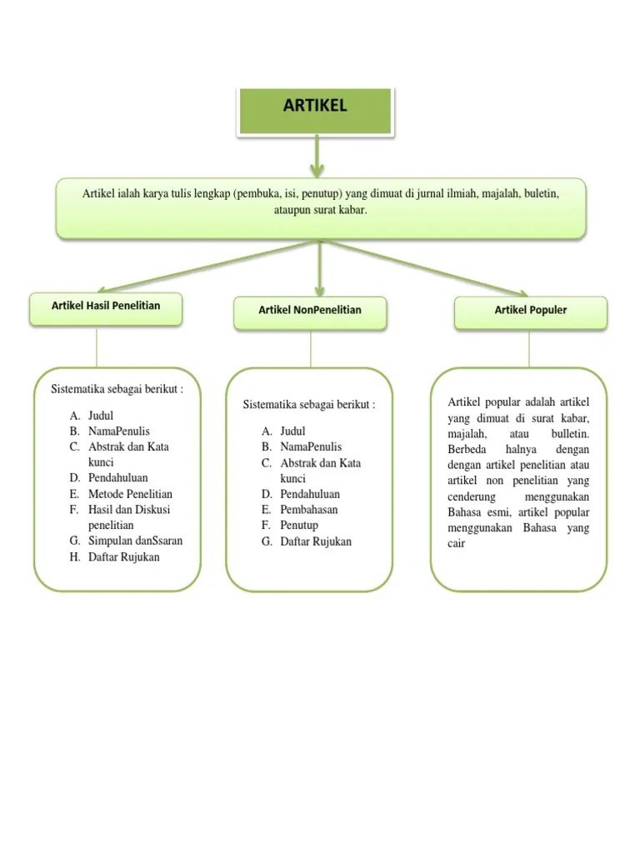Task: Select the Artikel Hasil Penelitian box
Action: (106, 307)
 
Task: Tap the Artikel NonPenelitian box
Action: (310, 310)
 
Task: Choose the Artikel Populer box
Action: (530, 310)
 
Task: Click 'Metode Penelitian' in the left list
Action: (130, 494)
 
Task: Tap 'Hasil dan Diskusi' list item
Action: (129, 510)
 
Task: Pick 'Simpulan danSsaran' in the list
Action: (135, 541)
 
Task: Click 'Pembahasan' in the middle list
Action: (309, 510)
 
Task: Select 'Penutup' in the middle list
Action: (299, 526)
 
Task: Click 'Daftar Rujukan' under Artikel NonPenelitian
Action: (316, 541)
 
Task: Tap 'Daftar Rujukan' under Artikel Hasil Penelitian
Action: (123, 556)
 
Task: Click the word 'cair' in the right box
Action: (456, 544)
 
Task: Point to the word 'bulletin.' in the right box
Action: (570, 434)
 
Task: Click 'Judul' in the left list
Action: (101, 415)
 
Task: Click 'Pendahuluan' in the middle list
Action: (310, 494)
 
